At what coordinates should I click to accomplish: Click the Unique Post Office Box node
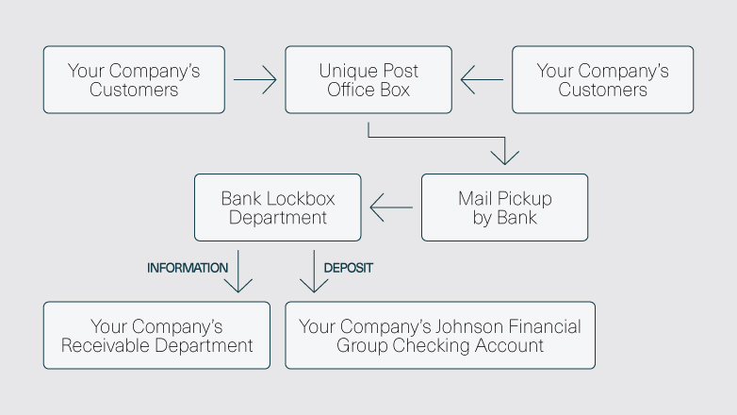click(x=368, y=80)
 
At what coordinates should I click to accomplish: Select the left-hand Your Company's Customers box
click(x=134, y=80)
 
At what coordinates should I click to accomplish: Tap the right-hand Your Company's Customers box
click(x=602, y=80)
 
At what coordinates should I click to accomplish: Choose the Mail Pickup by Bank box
click(x=504, y=207)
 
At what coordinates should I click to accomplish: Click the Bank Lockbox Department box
click(x=277, y=207)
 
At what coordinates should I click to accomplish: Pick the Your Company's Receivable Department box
click(x=156, y=336)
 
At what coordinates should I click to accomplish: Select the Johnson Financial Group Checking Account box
click(x=440, y=336)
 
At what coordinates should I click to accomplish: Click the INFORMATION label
click(x=188, y=268)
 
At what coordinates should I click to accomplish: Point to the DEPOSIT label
click(x=349, y=268)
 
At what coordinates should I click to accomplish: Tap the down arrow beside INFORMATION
click(x=243, y=272)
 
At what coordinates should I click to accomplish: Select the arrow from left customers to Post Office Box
click(x=254, y=80)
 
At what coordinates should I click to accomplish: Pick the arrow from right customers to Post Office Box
click(x=482, y=80)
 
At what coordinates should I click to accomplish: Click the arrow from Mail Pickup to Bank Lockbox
click(x=390, y=207)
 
